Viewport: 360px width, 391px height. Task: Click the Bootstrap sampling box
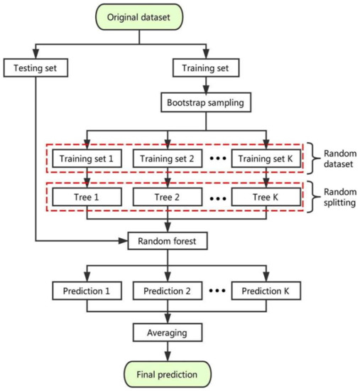coord(205,102)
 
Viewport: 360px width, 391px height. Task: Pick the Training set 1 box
coord(87,158)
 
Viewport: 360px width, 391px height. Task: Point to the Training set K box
coord(268,158)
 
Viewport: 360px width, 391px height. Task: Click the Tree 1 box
coord(87,195)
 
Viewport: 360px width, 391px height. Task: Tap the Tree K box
coord(268,195)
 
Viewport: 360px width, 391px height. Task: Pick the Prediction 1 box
coord(87,291)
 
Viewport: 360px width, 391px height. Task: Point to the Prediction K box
coord(268,291)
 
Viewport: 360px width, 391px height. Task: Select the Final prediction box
coord(168,373)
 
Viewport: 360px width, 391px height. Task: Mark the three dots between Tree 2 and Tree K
coord(219,195)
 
